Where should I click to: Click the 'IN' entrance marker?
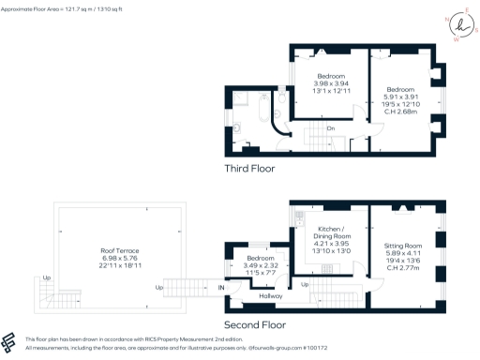click(x=222, y=286)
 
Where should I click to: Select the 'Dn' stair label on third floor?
click(x=330, y=128)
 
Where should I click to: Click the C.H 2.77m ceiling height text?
click(x=404, y=266)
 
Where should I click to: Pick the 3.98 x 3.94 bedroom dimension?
click(x=331, y=83)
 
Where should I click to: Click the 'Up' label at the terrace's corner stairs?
click(x=47, y=278)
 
